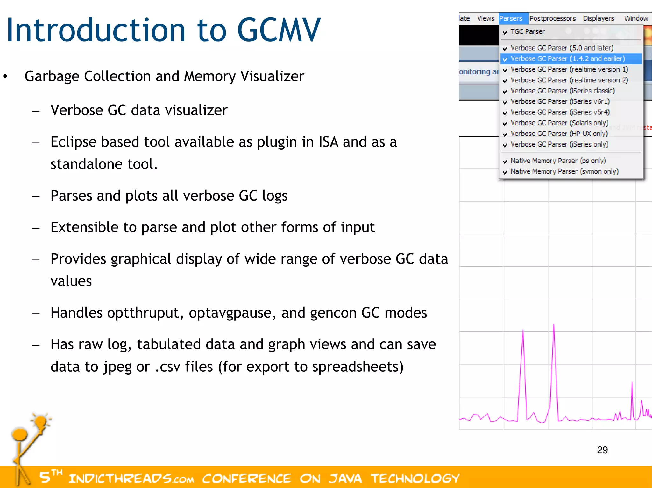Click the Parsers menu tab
pos(511,18)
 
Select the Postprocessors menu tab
pos(552,18)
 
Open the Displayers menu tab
pos(599,18)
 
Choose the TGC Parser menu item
pos(528,32)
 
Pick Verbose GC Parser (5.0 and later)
pos(562,48)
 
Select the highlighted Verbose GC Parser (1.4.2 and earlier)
pos(568,59)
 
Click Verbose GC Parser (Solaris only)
pos(559,123)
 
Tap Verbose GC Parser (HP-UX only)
pos(559,134)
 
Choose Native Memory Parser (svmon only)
pos(564,172)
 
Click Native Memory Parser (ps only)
pos(558,161)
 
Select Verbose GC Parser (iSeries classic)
pos(563,91)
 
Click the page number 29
pos(602,450)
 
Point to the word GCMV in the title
pos(279,30)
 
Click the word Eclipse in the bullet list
pos(73,142)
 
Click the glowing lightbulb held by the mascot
pos(41,422)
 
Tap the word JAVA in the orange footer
pos(345,478)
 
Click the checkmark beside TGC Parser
pos(505,32)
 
